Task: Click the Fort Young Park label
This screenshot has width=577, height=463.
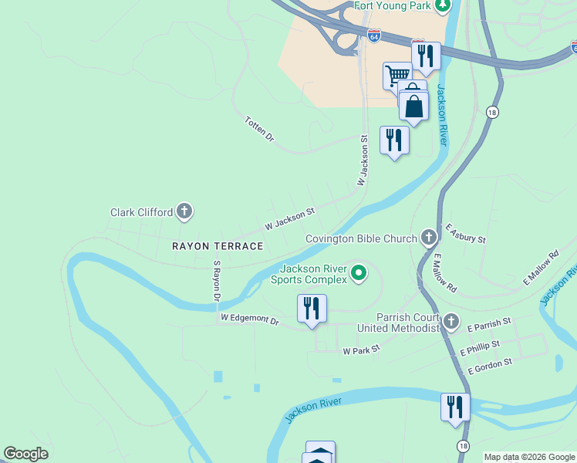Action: pyautogui.click(x=391, y=6)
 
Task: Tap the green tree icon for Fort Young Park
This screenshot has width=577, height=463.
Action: pyautogui.click(x=443, y=6)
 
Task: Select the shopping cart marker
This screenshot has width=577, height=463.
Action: pyautogui.click(x=397, y=76)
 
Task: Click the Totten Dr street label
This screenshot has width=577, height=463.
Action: pyautogui.click(x=259, y=129)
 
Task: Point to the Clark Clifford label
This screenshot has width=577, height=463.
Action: pyautogui.click(x=141, y=212)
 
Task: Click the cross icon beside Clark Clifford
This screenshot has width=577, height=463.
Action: pyautogui.click(x=184, y=211)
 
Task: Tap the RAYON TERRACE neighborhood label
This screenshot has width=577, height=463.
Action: pyautogui.click(x=218, y=246)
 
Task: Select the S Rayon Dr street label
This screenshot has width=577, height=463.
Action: pyautogui.click(x=217, y=281)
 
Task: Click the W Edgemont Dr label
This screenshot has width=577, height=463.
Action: pyautogui.click(x=249, y=318)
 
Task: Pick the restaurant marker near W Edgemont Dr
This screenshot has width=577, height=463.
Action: pyautogui.click(x=312, y=309)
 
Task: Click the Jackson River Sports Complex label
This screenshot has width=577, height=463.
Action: pyautogui.click(x=312, y=274)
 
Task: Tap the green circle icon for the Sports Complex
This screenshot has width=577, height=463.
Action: pyautogui.click(x=359, y=272)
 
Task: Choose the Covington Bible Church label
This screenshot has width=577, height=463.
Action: pyautogui.click(x=361, y=239)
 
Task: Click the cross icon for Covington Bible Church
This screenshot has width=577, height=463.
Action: pyautogui.click(x=430, y=238)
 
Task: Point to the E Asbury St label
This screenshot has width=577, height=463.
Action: pyautogui.click(x=465, y=234)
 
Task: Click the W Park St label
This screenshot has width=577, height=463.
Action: pyautogui.click(x=362, y=350)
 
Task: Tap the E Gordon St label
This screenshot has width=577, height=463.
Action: pyautogui.click(x=489, y=367)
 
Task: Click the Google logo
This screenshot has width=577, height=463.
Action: pyautogui.click(x=25, y=454)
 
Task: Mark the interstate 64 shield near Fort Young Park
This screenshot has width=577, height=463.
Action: pyautogui.click(x=373, y=36)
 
